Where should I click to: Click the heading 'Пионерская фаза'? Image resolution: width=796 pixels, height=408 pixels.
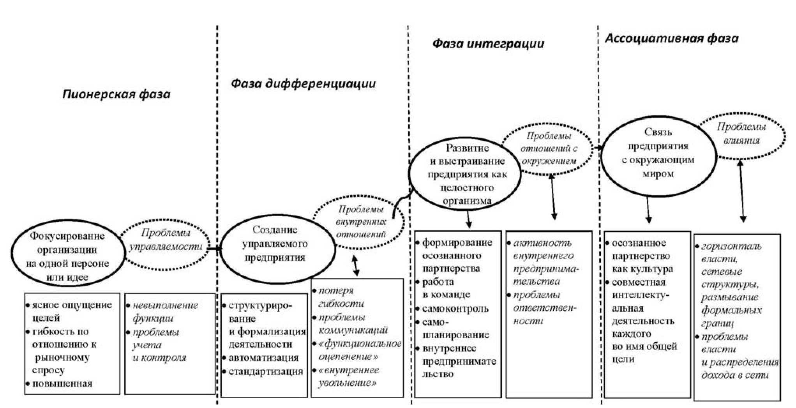coord(116,94)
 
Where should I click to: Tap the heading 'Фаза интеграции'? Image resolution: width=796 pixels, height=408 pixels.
coord(488,43)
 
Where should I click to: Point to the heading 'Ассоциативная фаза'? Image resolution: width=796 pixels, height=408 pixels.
coord(671,38)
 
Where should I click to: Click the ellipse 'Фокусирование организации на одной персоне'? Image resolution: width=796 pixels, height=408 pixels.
coord(67,256)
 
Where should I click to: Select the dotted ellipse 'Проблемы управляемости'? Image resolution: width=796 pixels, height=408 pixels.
coord(166,240)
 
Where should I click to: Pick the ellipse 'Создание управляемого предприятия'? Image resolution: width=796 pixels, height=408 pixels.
coord(275,244)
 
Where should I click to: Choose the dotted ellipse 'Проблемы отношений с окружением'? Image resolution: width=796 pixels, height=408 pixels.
coord(549,148)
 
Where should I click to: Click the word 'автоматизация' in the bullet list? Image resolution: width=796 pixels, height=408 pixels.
coord(263,358)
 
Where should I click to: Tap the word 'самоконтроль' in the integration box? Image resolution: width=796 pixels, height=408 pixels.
coord(455,309)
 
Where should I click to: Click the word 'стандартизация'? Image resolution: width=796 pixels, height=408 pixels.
coord(266,371)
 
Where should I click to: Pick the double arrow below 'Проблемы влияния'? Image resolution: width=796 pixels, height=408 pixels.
coord(742,191)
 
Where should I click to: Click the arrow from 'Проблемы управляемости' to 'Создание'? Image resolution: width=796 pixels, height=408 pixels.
coord(214,248)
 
